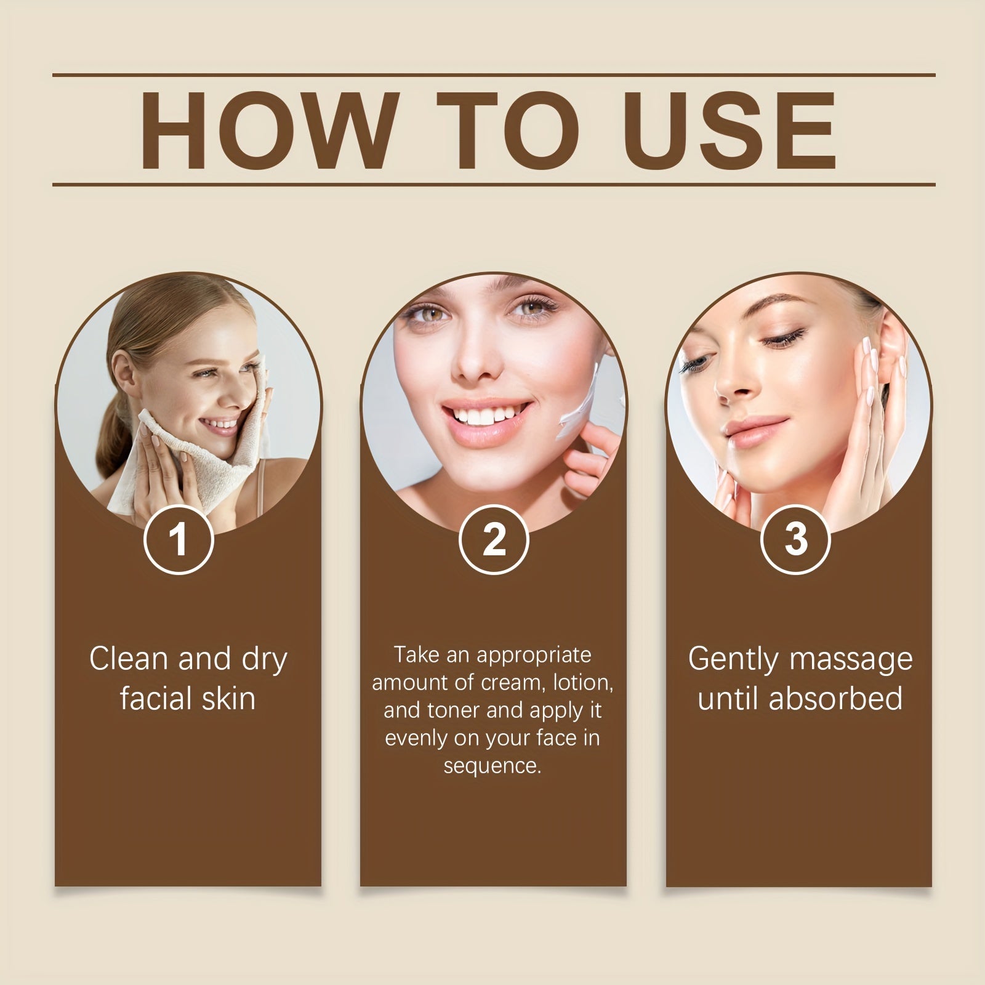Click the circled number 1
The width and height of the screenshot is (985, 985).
pos(178,539)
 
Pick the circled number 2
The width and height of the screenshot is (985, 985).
pos(493,539)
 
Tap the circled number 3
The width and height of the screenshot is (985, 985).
pos(796,539)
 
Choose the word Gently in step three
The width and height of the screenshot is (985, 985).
pos(734,660)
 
